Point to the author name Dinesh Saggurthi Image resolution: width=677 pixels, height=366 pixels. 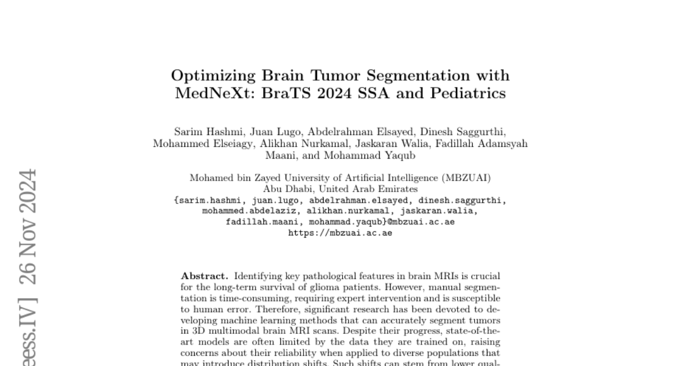(x=465, y=132)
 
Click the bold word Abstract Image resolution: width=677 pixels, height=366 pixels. (x=204, y=276)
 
